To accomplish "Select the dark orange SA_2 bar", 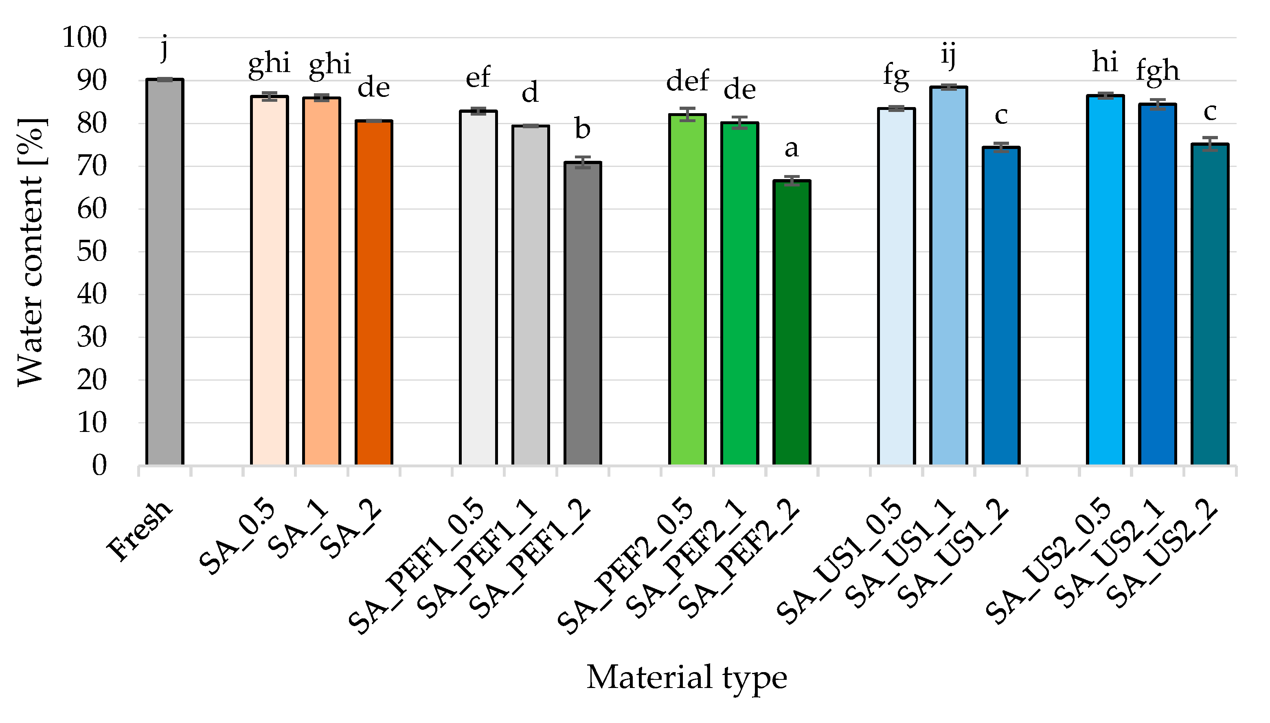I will [x=373, y=293].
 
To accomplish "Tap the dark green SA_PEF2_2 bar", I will [x=792, y=323].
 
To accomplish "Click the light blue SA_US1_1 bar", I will [x=948, y=276].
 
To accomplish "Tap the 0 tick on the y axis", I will [x=99, y=466].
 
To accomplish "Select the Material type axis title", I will [x=687, y=677].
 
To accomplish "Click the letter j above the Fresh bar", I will [x=165, y=48].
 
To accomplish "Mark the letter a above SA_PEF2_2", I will [x=792, y=148].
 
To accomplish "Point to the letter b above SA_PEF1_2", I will [x=583, y=129].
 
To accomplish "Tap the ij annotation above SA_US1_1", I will [x=948, y=54].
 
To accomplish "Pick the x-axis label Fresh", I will [x=140, y=530].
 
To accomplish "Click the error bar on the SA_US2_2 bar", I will [x=1210, y=144].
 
